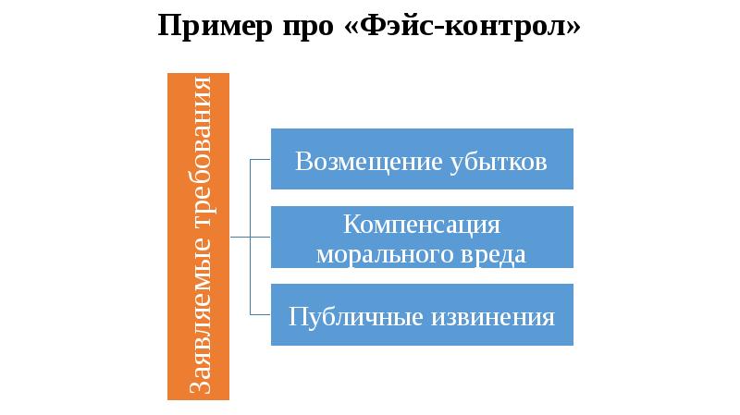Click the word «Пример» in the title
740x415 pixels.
point(205,26)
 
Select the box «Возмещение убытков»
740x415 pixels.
point(422,161)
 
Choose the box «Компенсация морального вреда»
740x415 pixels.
point(422,238)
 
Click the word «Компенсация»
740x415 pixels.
point(422,225)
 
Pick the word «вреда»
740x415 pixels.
point(499,253)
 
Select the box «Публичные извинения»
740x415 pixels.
point(422,316)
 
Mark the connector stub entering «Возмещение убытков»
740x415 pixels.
point(261,160)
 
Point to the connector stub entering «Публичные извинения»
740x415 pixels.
point(261,316)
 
